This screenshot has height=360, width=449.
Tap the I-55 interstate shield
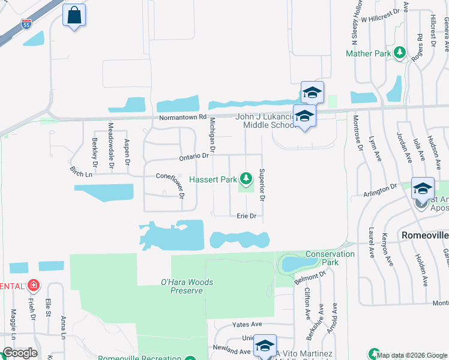tap(26, 24)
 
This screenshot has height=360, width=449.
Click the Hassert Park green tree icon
tap(246, 178)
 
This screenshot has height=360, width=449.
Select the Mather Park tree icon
tap(400, 54)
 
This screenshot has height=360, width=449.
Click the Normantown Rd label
tap(182, 118)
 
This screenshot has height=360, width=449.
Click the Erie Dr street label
tap(246, 215)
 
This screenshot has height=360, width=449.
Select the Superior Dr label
tap(262, 185)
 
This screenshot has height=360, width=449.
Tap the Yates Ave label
tap(247, 325)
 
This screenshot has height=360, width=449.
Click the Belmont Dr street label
tap(310, 277)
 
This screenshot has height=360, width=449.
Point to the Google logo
tap(20, 353)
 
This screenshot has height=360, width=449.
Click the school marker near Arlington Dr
tap(422, 188)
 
